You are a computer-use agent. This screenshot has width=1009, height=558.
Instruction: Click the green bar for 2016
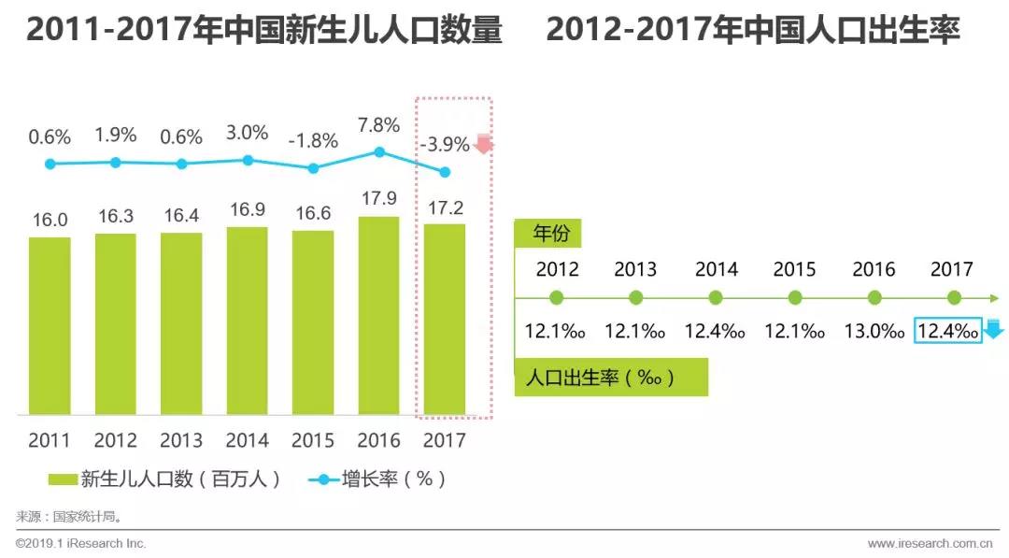point(379,316)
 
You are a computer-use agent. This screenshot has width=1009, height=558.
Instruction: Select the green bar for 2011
point(50,325)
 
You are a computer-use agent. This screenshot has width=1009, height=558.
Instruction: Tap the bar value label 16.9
point(247,209)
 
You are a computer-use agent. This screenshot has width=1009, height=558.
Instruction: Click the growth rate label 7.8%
point(378,125)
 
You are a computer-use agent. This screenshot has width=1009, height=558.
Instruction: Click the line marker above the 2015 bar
point(313,168)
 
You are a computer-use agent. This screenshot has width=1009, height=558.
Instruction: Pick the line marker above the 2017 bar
point(445,172)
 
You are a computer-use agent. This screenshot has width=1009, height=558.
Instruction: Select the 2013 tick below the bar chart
point(181,440)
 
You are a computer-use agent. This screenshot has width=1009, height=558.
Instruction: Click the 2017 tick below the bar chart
point(444,440)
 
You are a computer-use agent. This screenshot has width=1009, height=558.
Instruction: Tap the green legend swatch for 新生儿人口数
point(62,479)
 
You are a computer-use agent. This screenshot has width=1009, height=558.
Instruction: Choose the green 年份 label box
point(551,233)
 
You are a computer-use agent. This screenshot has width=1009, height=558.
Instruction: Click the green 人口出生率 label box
point(610,379)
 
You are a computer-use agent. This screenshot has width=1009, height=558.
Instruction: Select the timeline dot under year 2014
point(716,298)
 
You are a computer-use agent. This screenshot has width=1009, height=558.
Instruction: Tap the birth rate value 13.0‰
point(874,331)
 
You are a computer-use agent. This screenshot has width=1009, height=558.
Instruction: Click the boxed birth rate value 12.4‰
point(947,331)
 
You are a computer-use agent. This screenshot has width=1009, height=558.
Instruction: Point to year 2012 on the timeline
point(557,270)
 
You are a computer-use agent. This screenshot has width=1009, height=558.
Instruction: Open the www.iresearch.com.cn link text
point(929,543)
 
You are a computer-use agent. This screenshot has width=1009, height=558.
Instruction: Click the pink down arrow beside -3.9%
point(484,143)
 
